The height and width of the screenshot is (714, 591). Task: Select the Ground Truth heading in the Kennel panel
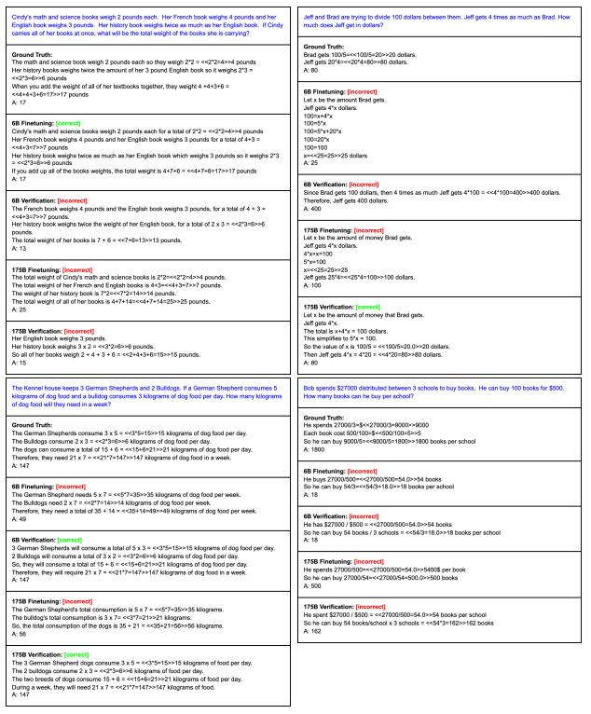tap(35, 425)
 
